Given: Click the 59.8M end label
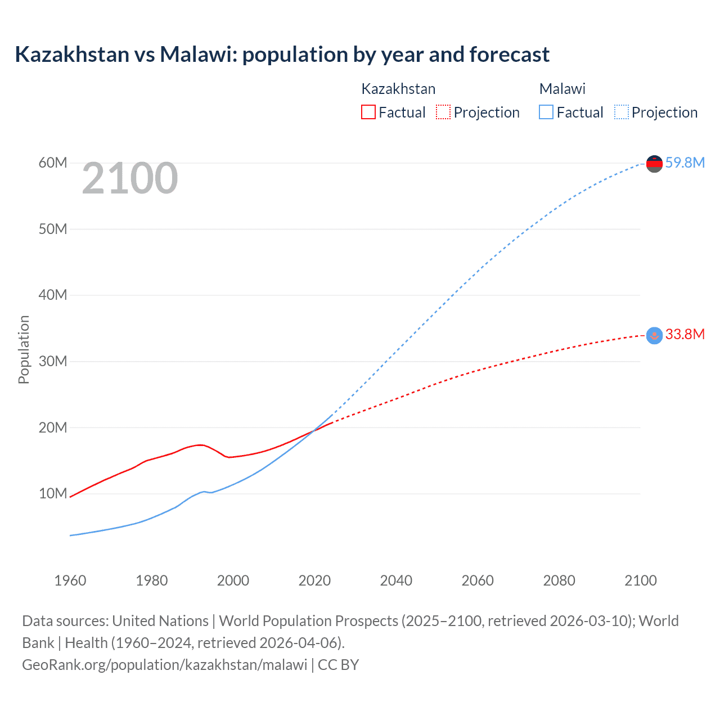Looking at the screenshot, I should [x=685, y=163].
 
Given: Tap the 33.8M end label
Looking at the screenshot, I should [x=685, y=334].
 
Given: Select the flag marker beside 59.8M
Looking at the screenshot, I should [x=654, y=164].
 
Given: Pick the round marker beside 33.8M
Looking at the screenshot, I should [x=654, y=335].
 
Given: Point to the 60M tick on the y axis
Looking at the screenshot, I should [x=53, y=163].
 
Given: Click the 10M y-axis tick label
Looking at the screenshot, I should [x=53, y=493].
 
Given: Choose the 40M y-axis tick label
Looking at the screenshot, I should [x=53, y=295].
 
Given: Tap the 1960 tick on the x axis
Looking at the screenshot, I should [x=70, y=580].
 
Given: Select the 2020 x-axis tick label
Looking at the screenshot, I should [x=314, y=580].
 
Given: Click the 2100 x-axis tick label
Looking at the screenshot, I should [x=640, y=580].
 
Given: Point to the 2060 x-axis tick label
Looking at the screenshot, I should [x=478, y=580].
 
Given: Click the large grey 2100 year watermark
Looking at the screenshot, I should [x=130, y=178].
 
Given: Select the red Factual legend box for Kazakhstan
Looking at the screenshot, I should [x=368, y=112].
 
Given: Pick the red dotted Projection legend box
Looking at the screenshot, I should [x=443, y=112].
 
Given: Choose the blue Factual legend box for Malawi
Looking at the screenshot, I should [x=546, y=112].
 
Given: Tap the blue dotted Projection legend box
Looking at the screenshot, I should [x=621, y=112].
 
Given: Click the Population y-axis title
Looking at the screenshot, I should [x=24, y=349].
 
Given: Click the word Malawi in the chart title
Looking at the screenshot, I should [x=195, y=55].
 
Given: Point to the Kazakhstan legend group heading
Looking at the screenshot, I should [x=398, y=89].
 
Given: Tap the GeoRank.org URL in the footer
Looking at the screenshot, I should [x=165, y=664].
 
